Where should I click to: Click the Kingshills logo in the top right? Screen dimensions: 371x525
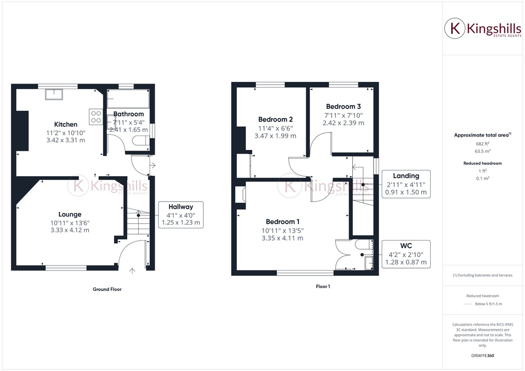click(483, 29)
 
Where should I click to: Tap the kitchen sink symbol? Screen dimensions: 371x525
click(54, 94)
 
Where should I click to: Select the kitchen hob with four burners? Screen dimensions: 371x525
click(95, 116)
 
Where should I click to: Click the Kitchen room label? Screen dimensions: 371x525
click(66, 124)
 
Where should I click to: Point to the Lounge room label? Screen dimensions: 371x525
click(70, 214)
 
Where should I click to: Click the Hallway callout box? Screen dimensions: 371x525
click(181, 214)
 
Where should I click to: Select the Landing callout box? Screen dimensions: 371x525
click(406, 184)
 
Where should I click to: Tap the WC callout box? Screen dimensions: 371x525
click(406, 254)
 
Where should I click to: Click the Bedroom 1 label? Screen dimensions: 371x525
click(282, 222)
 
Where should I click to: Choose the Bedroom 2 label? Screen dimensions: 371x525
click(275, 120)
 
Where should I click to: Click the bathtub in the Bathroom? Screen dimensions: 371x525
click(128, 99)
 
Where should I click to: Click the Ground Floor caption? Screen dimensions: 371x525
click(107, 290)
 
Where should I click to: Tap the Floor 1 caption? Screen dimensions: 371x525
click(322, 286)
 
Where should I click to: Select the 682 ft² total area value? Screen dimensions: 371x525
click(483, 144)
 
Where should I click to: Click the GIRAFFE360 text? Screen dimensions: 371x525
click(483, 356)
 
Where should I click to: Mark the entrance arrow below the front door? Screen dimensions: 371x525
click(133, 270)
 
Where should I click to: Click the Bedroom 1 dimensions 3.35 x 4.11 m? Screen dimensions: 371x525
click(282, 238)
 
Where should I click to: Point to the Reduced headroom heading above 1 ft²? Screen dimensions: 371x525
click(483, 163)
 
